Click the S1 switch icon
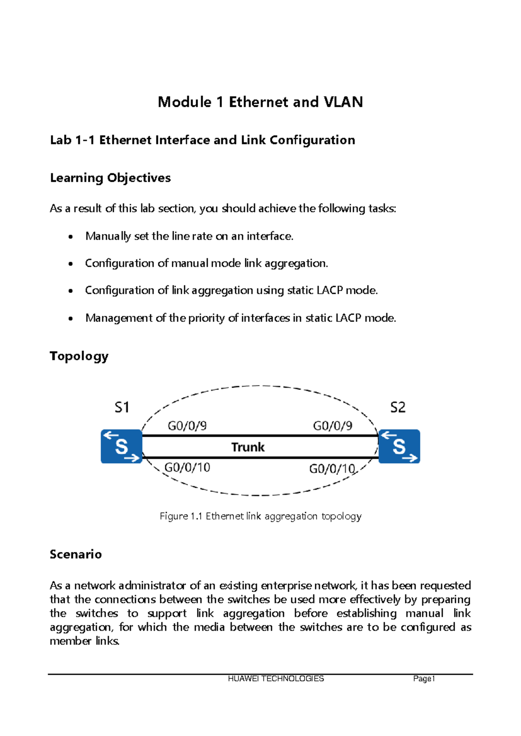(122, 447)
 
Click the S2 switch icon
(399, 447)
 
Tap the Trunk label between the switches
(247, 447)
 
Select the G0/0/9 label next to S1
(187, 426)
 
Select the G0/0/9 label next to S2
(333, 426)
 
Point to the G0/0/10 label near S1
(187, 467)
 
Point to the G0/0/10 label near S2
(332, 469)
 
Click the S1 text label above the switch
(122, 407)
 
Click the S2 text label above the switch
(398, 407)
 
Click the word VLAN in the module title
(343, 102)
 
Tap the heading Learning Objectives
(110, 178)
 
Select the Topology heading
(79, 356)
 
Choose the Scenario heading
(76, 554)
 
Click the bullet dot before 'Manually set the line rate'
(71, 237)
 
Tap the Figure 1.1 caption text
(260, 516)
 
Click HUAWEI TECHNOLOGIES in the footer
(276, 679)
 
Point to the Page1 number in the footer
(424, 679)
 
